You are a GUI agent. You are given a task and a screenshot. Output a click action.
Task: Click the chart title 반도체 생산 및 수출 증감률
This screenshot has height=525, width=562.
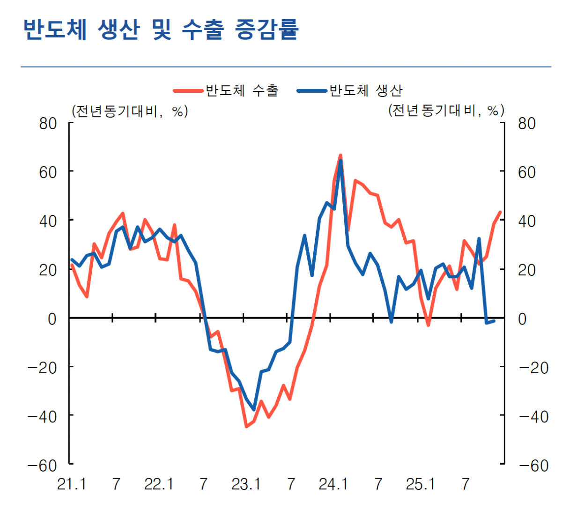pyautogui.click(x=161, y=29)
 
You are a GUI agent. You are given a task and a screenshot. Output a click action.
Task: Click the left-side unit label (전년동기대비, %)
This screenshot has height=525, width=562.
pyautogui.click(x=130, y=111)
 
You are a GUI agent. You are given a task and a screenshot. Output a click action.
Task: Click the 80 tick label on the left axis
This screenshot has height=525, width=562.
pyautogui.click(x=48, y=124)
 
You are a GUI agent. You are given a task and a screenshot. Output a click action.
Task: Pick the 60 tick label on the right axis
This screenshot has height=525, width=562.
pyautogui.click(x=527, y=172)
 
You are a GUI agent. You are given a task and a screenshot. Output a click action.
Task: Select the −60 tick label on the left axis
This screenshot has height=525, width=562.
pyautogui.click(x=43, y=466)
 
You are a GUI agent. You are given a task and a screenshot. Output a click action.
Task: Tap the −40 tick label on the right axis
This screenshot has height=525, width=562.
pyautogui.click(x=532, y=416)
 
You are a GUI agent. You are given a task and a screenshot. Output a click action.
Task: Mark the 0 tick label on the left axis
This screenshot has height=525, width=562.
pyautogui.click(x=52, y=319)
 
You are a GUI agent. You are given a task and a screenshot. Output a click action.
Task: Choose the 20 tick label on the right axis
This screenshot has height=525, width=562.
pyautogui.click(x=527, y=270)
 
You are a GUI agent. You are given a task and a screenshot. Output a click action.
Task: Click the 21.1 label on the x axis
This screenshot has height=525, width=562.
pyautogui.click(x=72, y=484)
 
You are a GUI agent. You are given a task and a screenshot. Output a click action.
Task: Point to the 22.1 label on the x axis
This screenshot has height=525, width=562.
pyautogui.click(x=159, y=484)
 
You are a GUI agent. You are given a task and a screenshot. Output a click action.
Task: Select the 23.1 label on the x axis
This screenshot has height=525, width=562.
pyautogui.click(x=246, y=484)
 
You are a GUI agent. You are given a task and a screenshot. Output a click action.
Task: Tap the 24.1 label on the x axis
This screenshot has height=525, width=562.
pyautogui.click(x=333, y=484)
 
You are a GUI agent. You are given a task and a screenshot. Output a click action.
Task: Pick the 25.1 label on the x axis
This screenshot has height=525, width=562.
pyautogui.click(x=421, y=484)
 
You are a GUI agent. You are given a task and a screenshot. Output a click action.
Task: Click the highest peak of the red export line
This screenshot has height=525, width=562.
pyautogui.click(x=340, y=155)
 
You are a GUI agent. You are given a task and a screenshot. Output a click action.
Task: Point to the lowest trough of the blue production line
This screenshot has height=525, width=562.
pyautogui.click(x=254, y=409)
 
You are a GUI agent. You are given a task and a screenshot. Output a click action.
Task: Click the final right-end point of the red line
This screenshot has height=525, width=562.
pyautogui.click(x=501, y=212)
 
